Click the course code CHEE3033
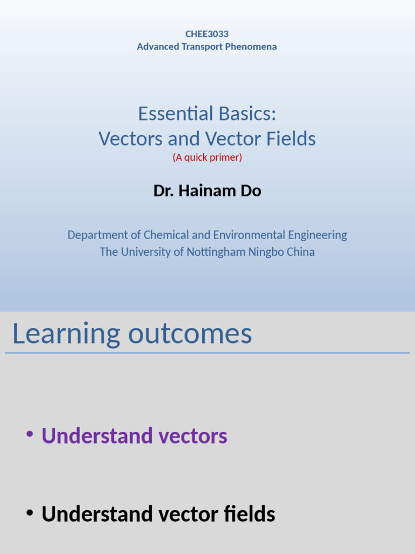coord(207,34)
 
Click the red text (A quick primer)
coord(207,157)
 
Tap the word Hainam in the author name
coord(205,190)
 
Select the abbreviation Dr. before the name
coord(164,190)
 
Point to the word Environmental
coord(247,235)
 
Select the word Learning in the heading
coord(66,334)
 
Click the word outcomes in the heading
coord(190,334)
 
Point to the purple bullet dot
coord(30,434)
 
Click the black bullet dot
coord(30,512)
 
